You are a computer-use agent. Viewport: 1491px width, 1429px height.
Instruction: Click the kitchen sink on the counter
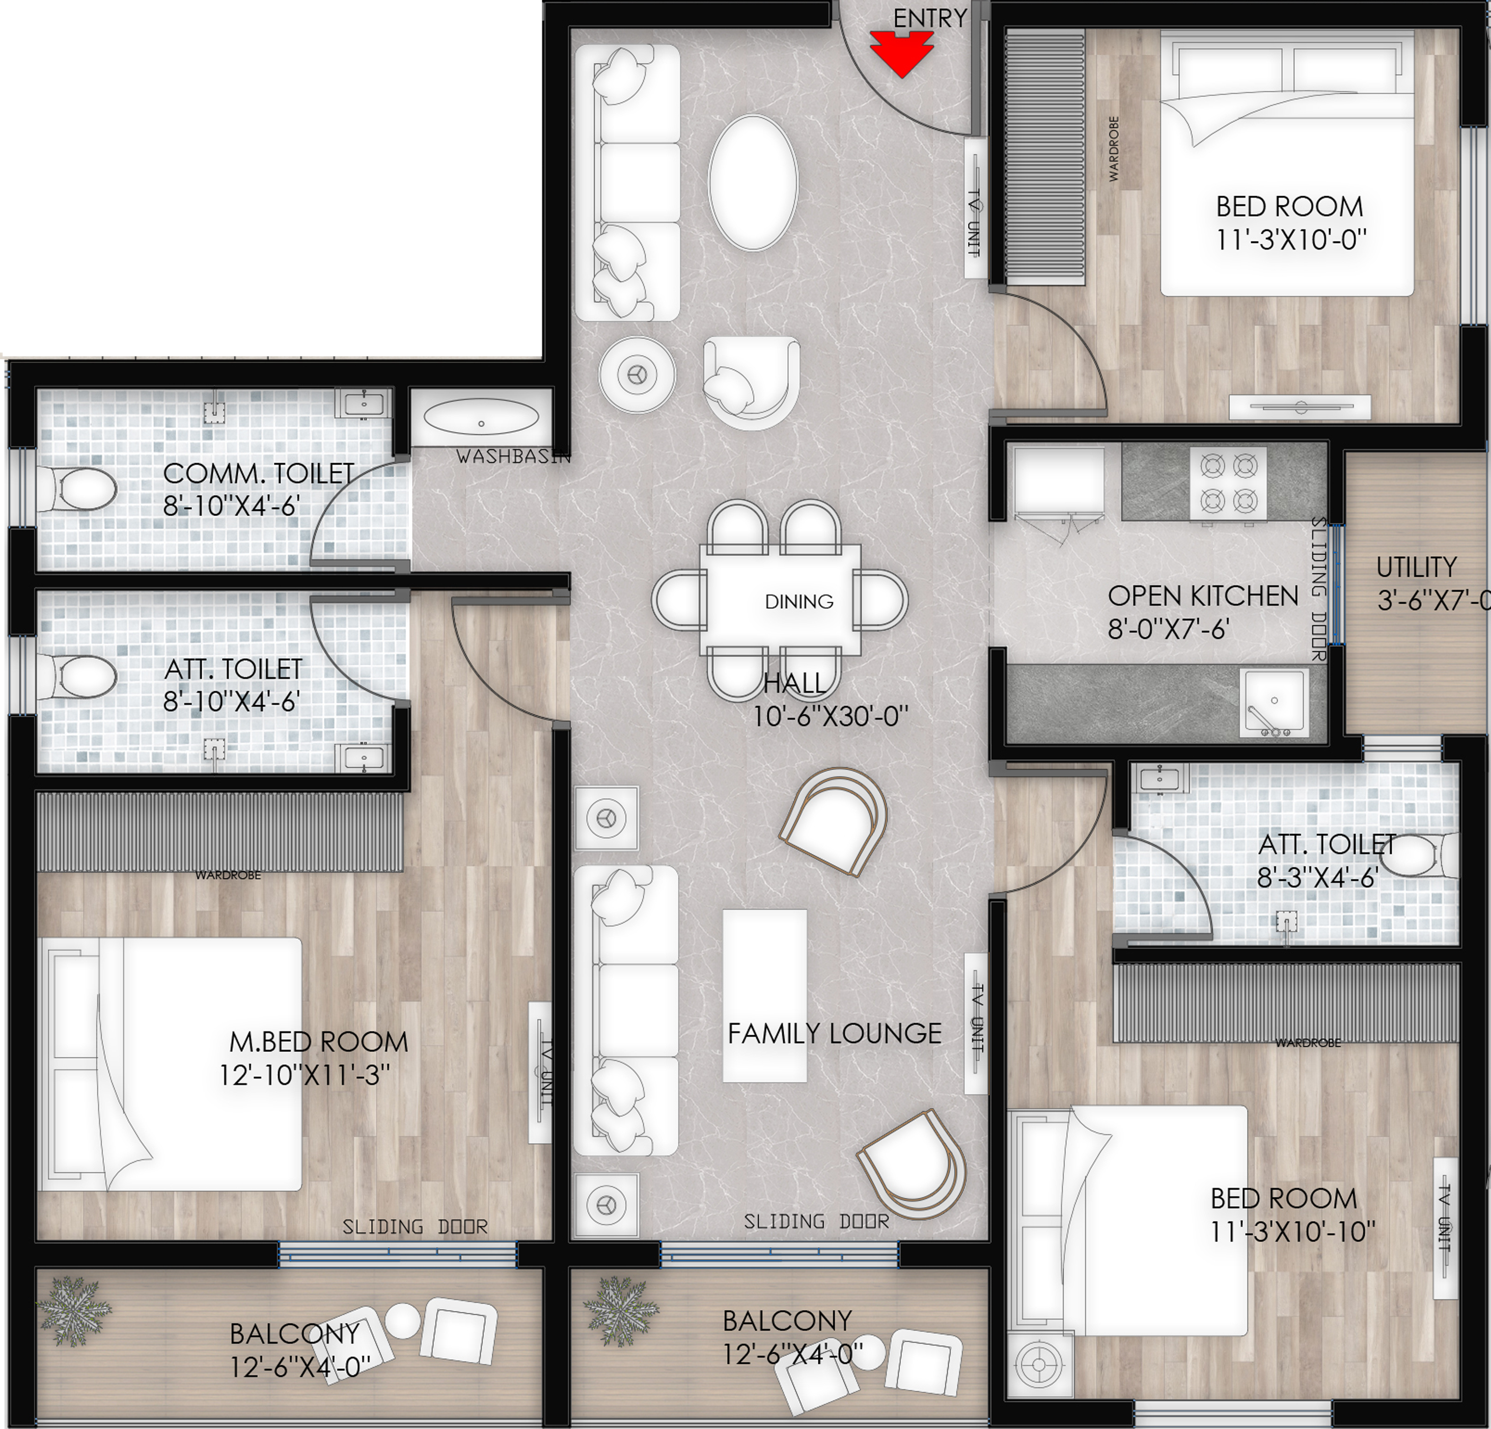(1274, 703)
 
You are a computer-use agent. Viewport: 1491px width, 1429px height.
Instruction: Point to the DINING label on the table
(799, 602)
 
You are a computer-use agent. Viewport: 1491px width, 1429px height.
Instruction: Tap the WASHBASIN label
(513, 456)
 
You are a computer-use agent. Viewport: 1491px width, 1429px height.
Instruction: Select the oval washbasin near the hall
(481, 418)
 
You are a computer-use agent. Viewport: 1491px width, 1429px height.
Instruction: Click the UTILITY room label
(1416, 568)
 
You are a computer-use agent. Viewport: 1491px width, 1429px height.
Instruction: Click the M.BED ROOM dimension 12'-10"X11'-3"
(305, 1075)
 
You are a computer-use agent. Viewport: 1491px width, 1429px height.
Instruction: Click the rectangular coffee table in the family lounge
(764, 995)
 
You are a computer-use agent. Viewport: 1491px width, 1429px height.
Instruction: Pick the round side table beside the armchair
(637, 375)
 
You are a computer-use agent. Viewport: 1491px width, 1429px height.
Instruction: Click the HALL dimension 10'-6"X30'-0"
(831, 716)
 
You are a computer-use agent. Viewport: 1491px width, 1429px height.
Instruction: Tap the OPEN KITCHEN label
(1202, 596)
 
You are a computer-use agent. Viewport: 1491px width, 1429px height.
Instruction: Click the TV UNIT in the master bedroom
(540, 1073)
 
